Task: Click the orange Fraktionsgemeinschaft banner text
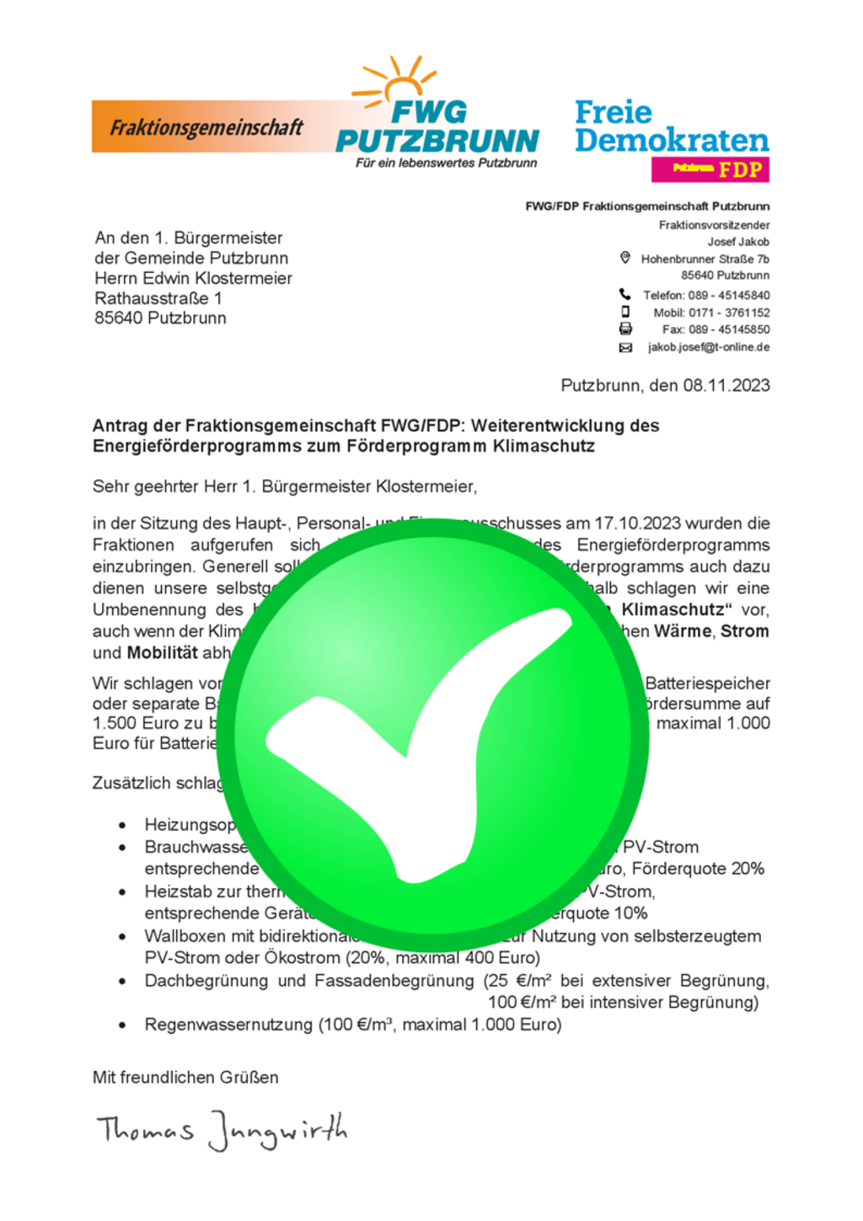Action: pyautogui.click(x=206, y=128)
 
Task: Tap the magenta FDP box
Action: pyautogui.click(x=710, y=169)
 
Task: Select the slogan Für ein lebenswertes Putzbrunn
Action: pyautogui.click(x=446, y=163)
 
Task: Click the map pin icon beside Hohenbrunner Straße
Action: pyautogui.click(x=625, y=258)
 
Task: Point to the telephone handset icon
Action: pyautogui.click(x=625, y=294)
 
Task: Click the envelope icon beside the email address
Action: pyautogui.click(x=625, y=347)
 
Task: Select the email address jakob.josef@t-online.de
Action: pyautogui.click(x=708, y=347)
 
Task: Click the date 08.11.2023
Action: pyautogui.click(x=726, y=386)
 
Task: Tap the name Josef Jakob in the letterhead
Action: pyautogui.click(x=738, y=242)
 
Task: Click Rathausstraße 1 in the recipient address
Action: pyautogui.click(x=158, y=298)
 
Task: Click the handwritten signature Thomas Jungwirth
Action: pyautogui.click(x=222, y=1129)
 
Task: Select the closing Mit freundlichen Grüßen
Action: pyautogui.click(x=185, y=1078)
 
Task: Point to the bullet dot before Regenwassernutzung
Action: pyautogui.click(x=123, y=1026)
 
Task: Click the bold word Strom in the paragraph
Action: pyautogui.click(x=744, y=631)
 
